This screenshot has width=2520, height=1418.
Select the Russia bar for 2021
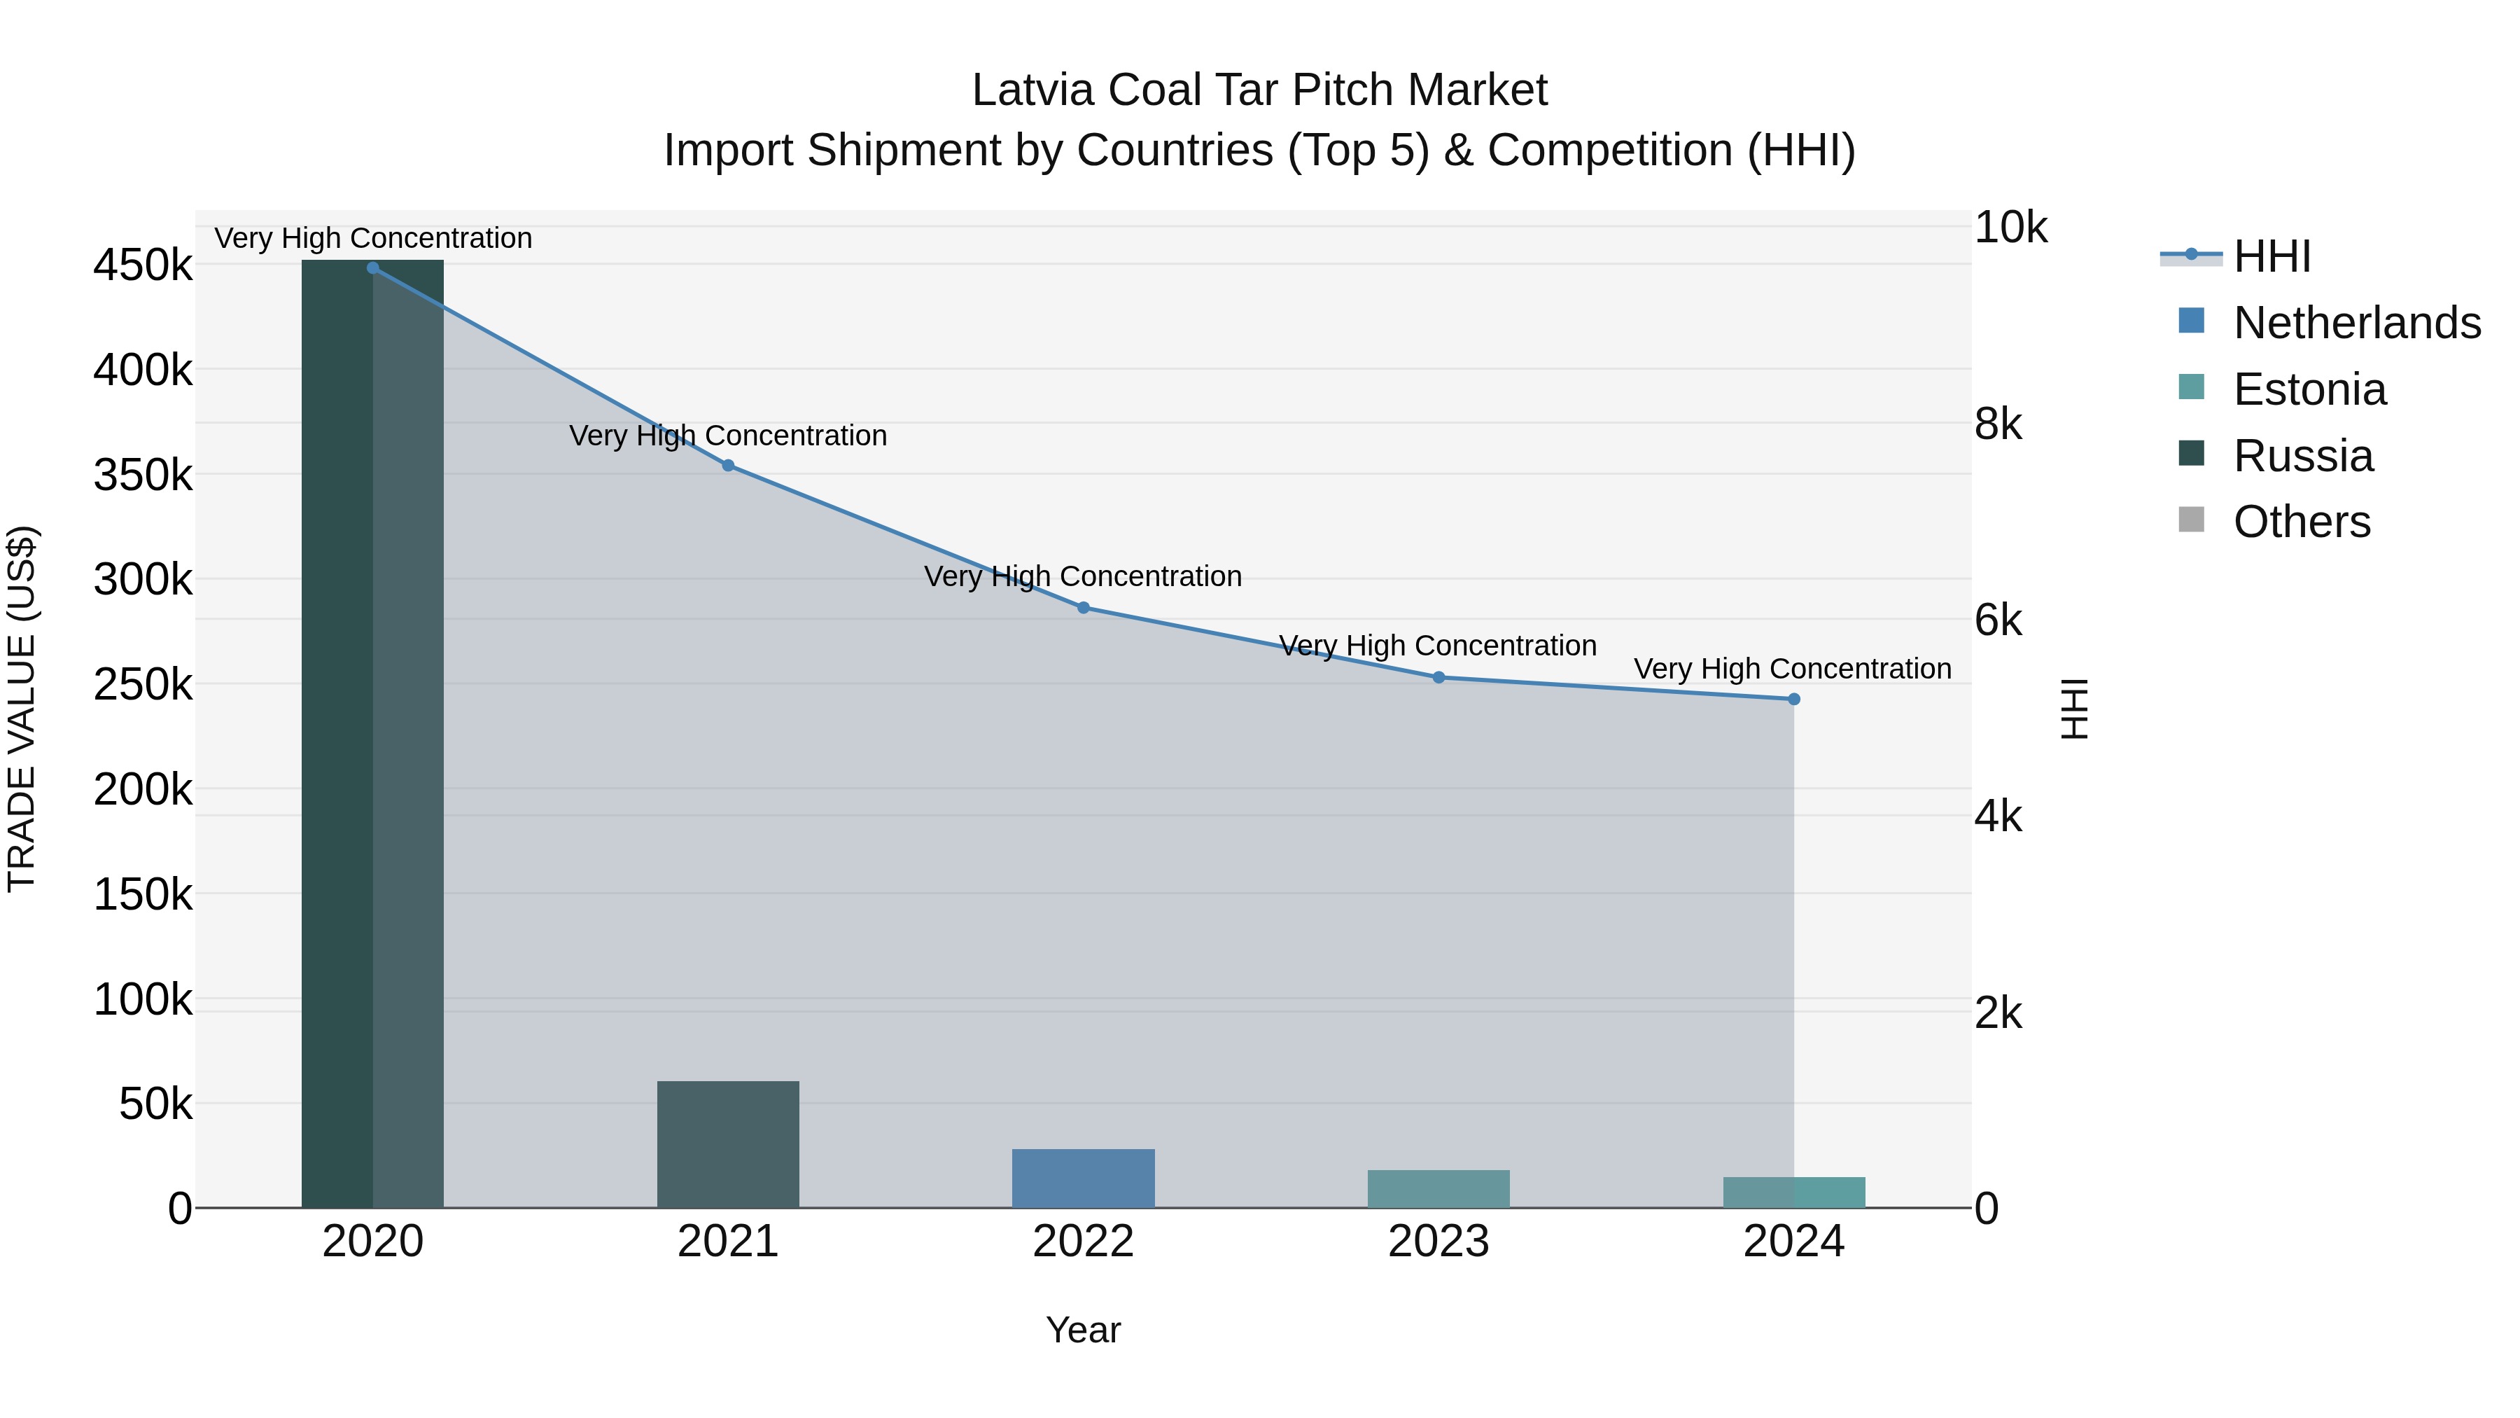tap(728, 1144)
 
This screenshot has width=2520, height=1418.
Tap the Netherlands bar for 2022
tap(1083, 1179)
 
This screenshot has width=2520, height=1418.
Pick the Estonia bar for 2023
tap(1438, 1189)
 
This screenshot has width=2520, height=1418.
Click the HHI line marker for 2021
tap(728, 466)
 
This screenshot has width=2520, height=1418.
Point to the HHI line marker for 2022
tap(1083, 608)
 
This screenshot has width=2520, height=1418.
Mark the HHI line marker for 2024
tap(1793, 699)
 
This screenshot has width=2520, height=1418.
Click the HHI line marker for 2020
tap(372, 267)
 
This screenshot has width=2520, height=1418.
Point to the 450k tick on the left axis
tap(143, 265)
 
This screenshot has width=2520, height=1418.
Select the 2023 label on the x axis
tap(1438, 1242)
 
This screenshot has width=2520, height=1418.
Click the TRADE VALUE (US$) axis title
tap(22, 709)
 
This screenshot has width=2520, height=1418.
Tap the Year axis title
tap(1083, 1330)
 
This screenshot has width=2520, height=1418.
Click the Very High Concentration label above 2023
tap(1437, 646)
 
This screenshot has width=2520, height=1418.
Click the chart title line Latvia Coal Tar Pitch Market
tap(1259, 90)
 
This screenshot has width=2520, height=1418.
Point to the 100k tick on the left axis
tap(143, 1000)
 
